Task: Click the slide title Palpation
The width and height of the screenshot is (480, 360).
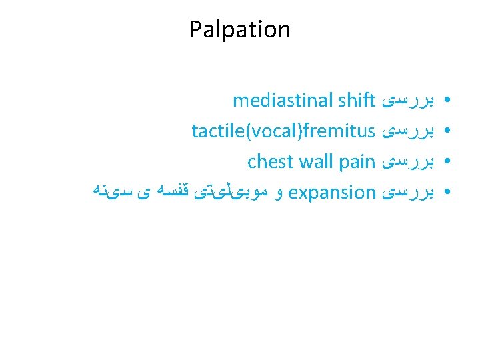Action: [x=239, y=29]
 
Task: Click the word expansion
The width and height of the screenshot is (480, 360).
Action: [x=333, y=193]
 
